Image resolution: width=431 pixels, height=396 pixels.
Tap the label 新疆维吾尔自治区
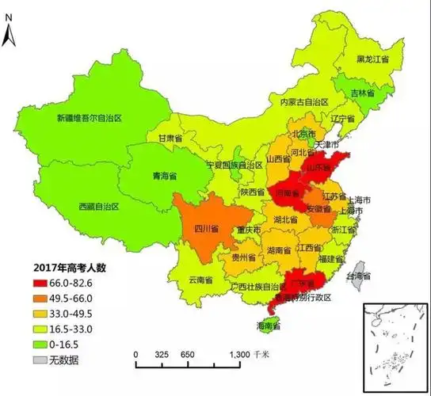click(88, 118)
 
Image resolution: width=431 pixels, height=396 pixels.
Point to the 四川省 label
click(204, 229)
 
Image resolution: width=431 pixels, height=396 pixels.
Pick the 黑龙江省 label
click(372, 59)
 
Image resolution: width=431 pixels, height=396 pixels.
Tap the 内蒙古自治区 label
click(299, 102)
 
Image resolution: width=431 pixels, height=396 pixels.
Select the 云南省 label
click(200, 280)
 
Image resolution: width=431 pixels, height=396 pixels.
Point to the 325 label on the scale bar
click(162, 354)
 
